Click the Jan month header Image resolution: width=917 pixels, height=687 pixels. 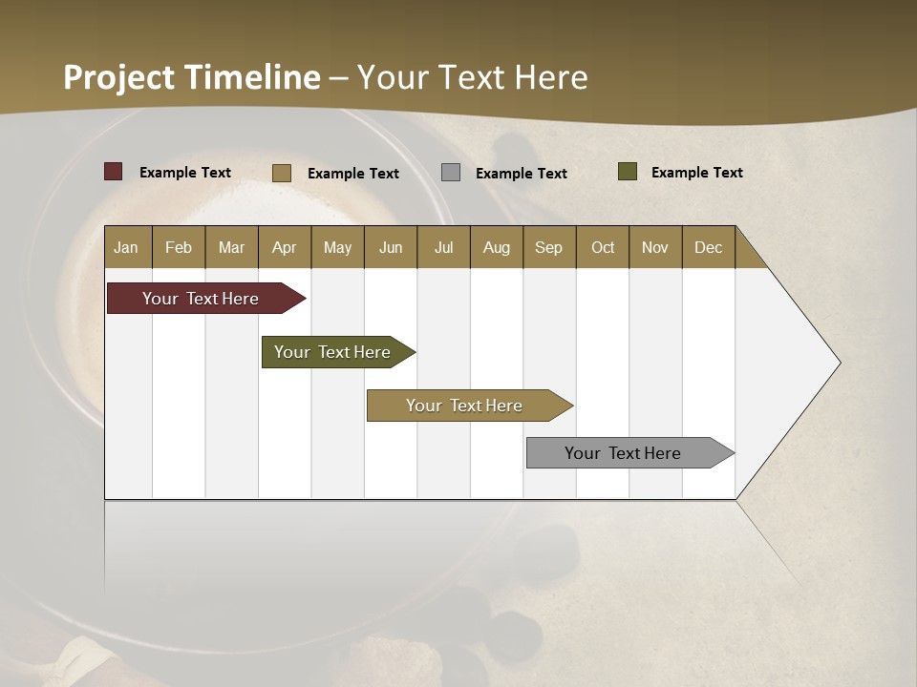[x=126, y=247]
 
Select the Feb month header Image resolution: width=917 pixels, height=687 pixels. [x=179, y=247]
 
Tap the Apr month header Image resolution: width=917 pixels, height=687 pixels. [x=285, y=247]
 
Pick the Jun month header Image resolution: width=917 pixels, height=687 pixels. [x=391, y=247]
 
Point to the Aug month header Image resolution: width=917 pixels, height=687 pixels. [x=497, y=247]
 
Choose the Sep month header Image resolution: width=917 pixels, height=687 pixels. [x=549, y=247]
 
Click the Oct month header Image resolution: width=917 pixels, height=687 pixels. [x=603, y=247]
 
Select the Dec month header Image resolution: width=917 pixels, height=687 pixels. [x=709, y=247]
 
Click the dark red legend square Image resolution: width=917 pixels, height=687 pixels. [x=114, y=172]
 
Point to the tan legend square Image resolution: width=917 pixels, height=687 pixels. [x=282, y=173]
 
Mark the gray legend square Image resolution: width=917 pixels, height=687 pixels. [x=451, y=173]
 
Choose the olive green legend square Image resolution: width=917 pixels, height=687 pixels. [x=628, y=172]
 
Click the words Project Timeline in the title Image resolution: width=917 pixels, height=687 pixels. [x=192, y=77]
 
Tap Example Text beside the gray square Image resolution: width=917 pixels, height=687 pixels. [x=522, y=173]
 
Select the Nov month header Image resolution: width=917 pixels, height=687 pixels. [x=655, y=247]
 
